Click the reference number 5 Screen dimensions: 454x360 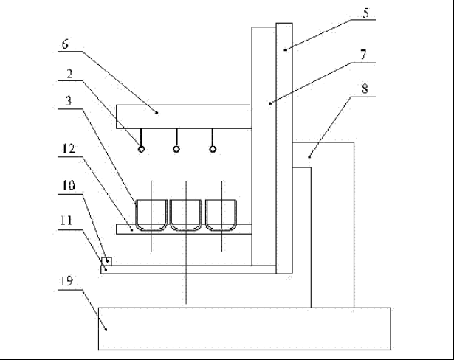click(x=366, y=13)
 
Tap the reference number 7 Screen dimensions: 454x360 click(x=363, y=55)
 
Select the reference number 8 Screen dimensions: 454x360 click(x=365, y=89)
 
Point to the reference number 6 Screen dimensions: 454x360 click(x=65, y=44)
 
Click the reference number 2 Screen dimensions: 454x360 click(x=69, y=74)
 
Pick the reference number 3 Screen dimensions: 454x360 click(x=69, y=101)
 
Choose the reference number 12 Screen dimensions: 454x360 click(x=69, y=149)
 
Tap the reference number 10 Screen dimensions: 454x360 click(x=69, y=185)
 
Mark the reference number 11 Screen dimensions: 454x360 click(x=66, y=221)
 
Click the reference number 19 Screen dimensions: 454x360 click(x=67, y=280)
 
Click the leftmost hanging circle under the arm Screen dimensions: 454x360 click(x=141, y=149)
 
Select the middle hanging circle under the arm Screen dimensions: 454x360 click(x=176, y=149)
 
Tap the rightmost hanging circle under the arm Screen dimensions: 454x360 click(x=213, y=149)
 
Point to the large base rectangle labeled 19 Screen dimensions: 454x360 click(x=244, y=329)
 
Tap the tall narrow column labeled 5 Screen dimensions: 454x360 click(x=284, y=148)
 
